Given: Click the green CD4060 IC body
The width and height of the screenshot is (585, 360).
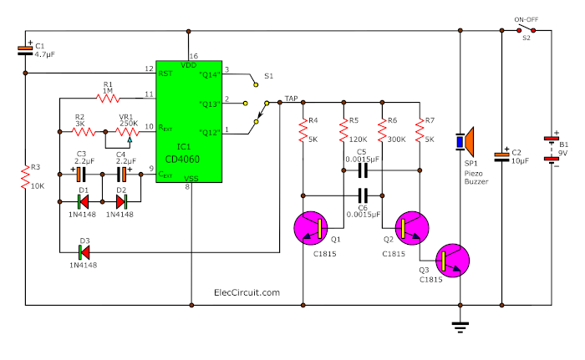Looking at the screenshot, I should pos(189,121).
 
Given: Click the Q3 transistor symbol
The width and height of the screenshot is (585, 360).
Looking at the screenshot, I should pos(451,260).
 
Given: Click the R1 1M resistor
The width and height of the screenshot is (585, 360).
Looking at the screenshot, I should pos(108,98).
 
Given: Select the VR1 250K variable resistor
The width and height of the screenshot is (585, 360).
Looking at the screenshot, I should pos(127,131).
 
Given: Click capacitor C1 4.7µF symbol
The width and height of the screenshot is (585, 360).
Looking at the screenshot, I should pos(26,52).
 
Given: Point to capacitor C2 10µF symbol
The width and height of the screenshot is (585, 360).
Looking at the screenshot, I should pos(501,155).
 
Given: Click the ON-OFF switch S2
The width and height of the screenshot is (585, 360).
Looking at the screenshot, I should pos(526,32).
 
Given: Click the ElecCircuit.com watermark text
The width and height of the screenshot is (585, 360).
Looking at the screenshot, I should pos(247,292).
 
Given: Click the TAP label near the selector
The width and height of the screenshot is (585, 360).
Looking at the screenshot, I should pos(292,98).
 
